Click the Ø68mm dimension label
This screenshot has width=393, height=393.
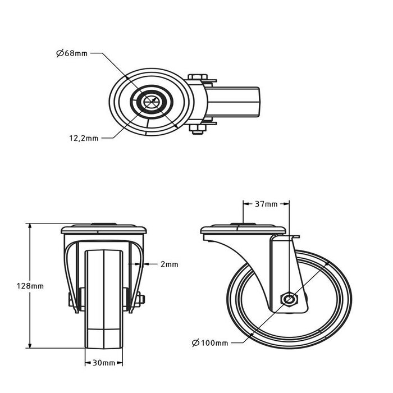[72, 54]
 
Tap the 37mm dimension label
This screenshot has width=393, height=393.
[266, 204]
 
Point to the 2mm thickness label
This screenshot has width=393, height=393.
[169, 264]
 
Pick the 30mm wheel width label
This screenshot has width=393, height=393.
[103, 363]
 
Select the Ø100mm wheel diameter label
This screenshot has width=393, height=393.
[209, 342]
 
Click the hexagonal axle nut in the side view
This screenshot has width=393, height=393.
[288, 298]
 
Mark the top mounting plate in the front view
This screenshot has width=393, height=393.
[103, 230]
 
